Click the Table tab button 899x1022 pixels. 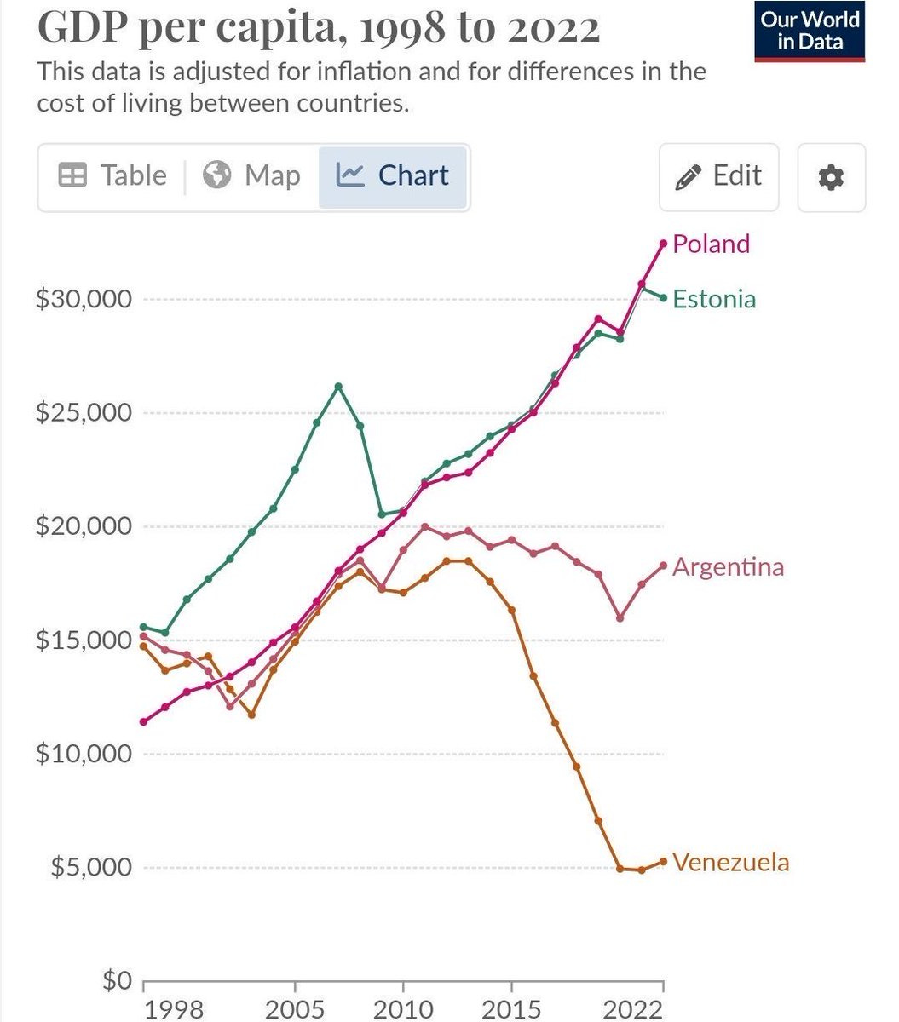(112, 176)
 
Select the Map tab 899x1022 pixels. (252, 176)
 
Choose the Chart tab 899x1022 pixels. (393, 176)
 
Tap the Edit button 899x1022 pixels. (718, 176)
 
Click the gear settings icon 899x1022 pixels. (831, 177)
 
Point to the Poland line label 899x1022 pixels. (711, 244)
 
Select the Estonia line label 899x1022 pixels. (714, 299)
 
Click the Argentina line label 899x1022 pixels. (728, 567)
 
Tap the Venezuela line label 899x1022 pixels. (730, 862)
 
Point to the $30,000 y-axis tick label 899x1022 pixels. (84, 300)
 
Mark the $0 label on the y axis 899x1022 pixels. (117, 980)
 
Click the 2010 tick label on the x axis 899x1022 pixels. (402, 1009)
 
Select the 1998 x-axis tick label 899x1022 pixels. (174, 1009)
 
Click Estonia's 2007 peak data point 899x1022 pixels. (338, 386)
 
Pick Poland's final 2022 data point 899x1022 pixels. (663, 244)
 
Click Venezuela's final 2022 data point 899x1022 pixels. (663, 862)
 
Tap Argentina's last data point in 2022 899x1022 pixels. (663, 566)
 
